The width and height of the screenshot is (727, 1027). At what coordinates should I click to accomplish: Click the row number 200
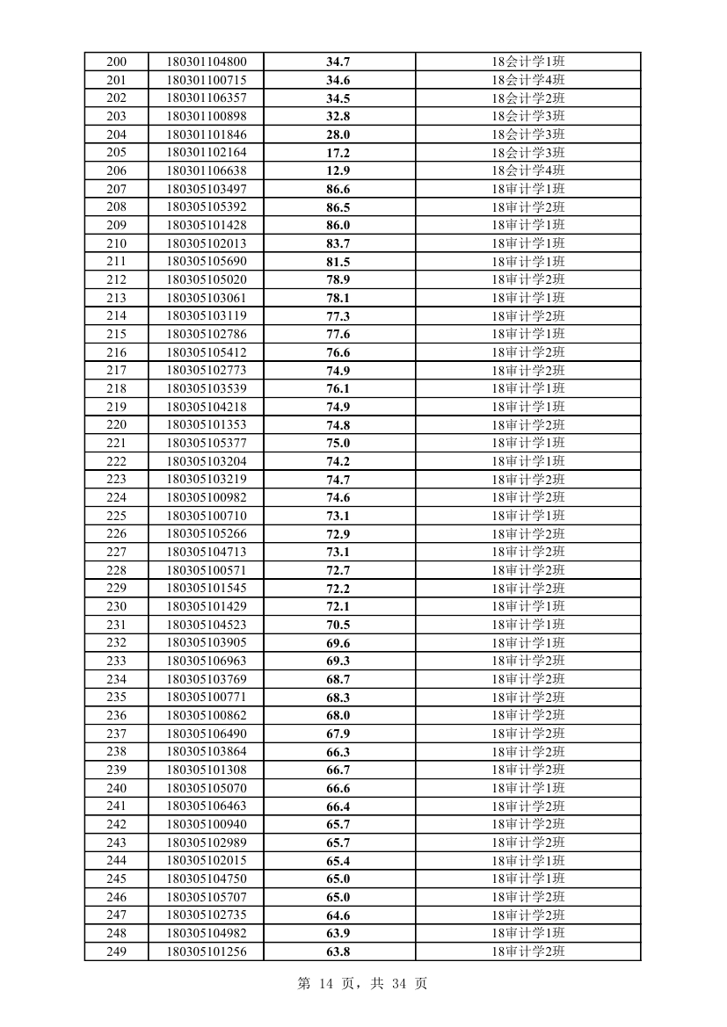pyautogui.click(x=116, y=61)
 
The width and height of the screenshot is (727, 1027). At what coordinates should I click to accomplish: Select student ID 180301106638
pyautogui.click(x=207, y=170)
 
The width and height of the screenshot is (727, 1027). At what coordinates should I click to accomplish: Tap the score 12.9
pyautogui.click(x=338, y=170)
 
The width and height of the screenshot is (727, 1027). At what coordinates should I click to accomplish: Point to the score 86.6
pyautogui.click(x=338, y=189)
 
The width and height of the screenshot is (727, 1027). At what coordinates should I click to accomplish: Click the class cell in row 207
pyautogui.click(x=527, y=189)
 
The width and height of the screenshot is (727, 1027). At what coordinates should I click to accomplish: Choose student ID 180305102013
pyautogui.click(x=207, y=243)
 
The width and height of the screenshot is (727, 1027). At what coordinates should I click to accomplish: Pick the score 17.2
pyautogui.click(x=338, y=153)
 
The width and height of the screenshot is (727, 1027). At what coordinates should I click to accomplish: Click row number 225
pyautogui.click(x=116, y=516)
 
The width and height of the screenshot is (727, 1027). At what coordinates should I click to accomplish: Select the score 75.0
pyautogui.click(x=338, y=443)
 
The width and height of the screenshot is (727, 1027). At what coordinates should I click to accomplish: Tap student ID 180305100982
pyautogui.click(x=207, y=497)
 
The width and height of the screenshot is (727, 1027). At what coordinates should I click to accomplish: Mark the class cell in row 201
pyautogui.click(x=527, y=80)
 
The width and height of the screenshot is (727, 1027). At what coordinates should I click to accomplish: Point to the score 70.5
pyautogui.click(x=338, y=625)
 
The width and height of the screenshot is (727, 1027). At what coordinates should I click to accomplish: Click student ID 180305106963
pyautogui.click(x=207, y=661)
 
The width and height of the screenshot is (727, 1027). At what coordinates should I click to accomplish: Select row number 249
pyautogui.click(x=116, y=951)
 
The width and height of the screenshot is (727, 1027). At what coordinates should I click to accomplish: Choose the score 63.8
pyautogui.click(x=338, y=951)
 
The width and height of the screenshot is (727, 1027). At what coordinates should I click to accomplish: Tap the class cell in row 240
pyautogui.click(x=527, y=788)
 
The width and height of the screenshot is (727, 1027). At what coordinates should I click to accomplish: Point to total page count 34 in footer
pyautogui.click(x=400, y=984)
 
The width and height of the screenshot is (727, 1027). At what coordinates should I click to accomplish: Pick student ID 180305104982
pyautogui.click(x=207, y=933)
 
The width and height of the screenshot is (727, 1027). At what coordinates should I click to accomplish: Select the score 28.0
pyautogui.click(x=338, y=134)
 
